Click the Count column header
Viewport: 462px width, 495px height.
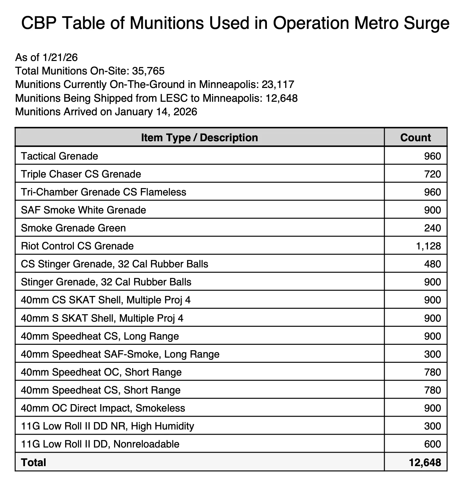point(415,137)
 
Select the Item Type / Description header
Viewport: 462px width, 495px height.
point(199,137)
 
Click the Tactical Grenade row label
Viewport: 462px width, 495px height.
point(59,156)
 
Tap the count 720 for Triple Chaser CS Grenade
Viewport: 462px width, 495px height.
point(432,174)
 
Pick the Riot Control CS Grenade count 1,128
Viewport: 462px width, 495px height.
point(428,246)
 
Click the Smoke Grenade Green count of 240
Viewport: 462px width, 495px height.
point(432,228)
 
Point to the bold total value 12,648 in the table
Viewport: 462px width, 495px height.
point(425,462)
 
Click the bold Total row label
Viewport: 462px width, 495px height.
point(33,462)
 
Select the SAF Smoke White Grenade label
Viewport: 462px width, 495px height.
point(83,210)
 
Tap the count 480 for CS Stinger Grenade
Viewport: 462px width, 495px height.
point(432,264)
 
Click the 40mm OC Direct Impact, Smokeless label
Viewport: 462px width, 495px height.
point(103,408)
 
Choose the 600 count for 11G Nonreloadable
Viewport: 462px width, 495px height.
point(432,444)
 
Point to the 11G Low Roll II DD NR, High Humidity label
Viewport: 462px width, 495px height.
point(107,426)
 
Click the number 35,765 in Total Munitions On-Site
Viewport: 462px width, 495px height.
point(148,71)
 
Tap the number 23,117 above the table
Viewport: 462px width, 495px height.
point(278,84)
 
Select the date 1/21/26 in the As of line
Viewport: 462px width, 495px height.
point(60,57)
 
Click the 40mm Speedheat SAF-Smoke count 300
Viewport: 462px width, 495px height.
point(432,354)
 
